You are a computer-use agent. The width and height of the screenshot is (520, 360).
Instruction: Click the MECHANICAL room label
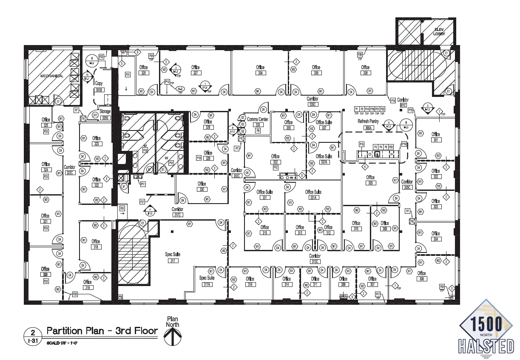[x=51, y=76]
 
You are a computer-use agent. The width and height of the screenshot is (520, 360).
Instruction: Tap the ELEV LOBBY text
[x=438, y=31]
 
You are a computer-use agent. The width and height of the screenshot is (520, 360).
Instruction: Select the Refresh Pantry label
[x=368, y=122]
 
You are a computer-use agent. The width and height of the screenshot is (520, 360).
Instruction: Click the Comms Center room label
[x=258, y=120]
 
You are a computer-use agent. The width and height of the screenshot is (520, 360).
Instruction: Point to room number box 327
[x=196, y=73]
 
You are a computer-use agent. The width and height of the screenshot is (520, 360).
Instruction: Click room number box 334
[x=260, y=73]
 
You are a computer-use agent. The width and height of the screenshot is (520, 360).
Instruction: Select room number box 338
[x=365, y=73]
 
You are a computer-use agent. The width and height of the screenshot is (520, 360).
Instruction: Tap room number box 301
[x=435, y=140]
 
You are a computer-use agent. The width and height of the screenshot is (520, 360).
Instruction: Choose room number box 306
[x=421, y=279]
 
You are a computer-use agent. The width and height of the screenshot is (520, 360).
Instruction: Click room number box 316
[x=250, y=284]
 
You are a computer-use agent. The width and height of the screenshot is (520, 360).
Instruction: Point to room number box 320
[x=45, y=275]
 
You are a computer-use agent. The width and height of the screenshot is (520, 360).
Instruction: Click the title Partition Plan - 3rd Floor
[x=102, y=331]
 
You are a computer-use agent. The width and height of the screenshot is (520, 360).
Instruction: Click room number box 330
[x=202, y=189]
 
